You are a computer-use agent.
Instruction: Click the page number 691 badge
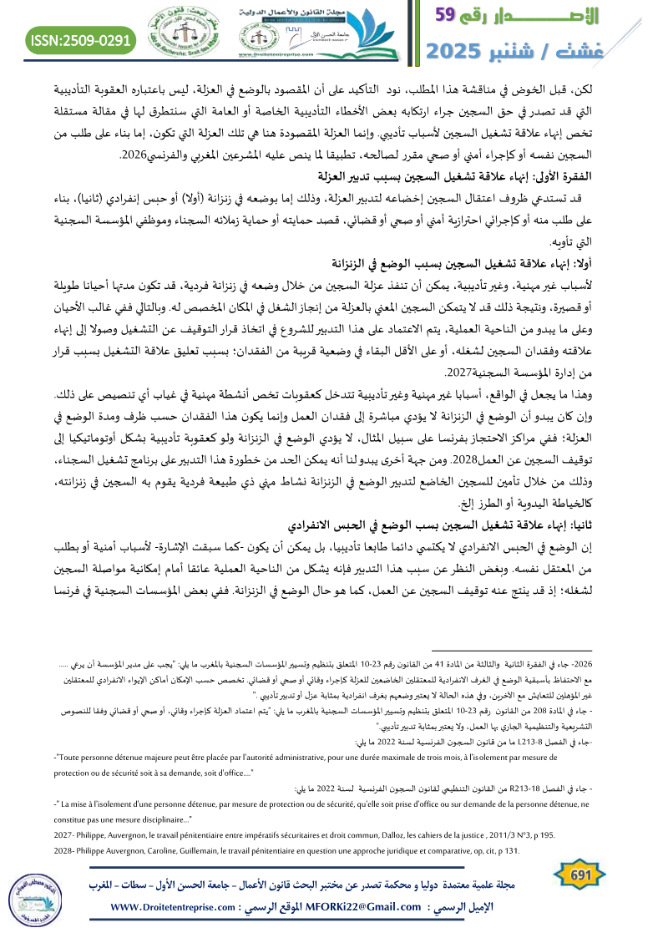coord(577,874)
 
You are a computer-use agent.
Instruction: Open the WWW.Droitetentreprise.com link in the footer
coord(181,907)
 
